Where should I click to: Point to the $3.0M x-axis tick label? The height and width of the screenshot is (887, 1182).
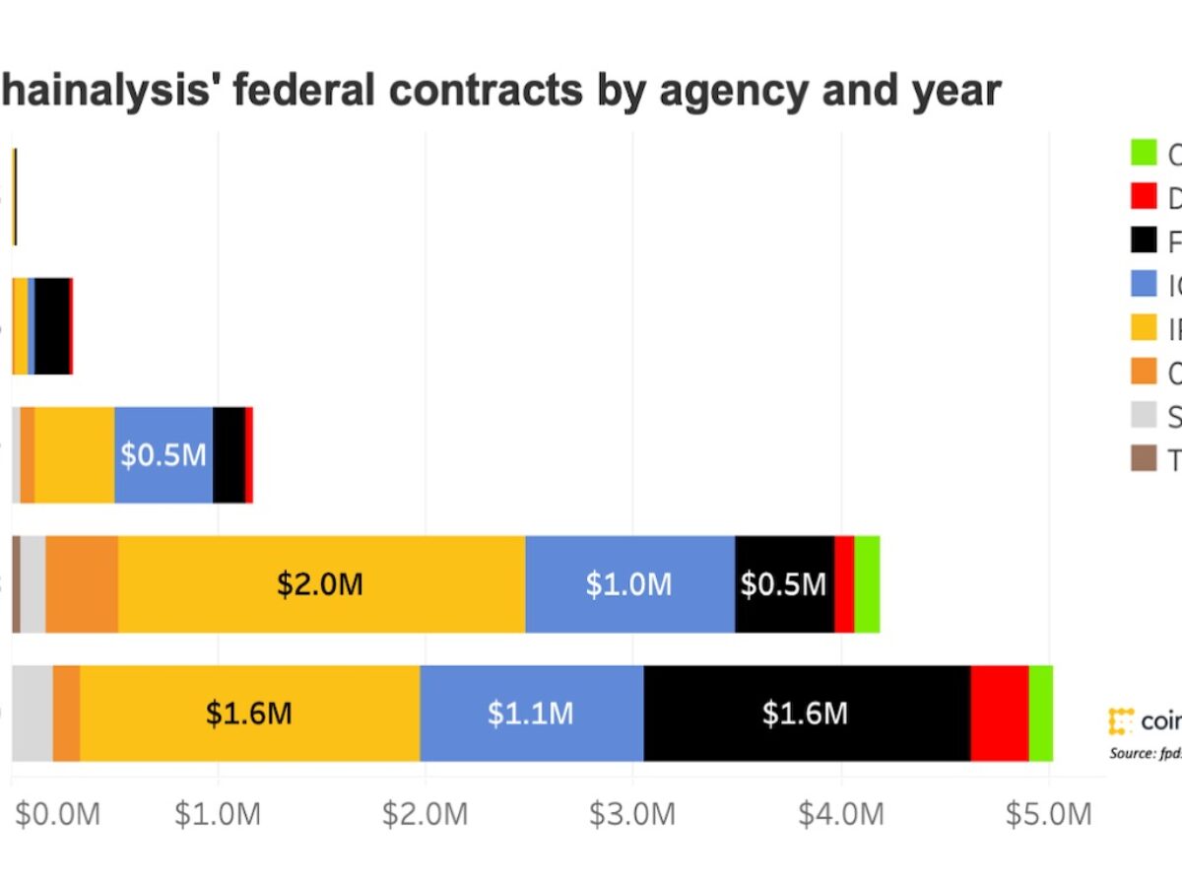coord(633,815)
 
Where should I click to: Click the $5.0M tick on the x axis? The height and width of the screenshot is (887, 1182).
coord(1048,815)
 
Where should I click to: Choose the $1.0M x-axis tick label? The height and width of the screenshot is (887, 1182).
coord(218,815)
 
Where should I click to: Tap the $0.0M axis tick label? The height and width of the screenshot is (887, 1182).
coord(57,815)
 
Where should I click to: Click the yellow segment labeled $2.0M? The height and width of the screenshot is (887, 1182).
coord(321,584)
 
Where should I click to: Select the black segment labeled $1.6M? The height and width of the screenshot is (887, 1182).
coord(807,714)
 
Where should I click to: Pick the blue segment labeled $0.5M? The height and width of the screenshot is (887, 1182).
coord(164,454)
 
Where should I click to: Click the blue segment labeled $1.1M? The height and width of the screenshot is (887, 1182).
coord(532,714)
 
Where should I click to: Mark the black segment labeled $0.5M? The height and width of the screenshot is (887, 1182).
coord(784,584)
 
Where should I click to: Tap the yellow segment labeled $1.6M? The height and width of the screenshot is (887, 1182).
coord(249,714)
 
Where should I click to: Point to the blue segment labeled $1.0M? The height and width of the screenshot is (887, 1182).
coord(629,584)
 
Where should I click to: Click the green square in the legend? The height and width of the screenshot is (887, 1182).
coord(1144,154)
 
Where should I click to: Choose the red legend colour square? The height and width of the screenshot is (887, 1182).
coord(1144,197)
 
